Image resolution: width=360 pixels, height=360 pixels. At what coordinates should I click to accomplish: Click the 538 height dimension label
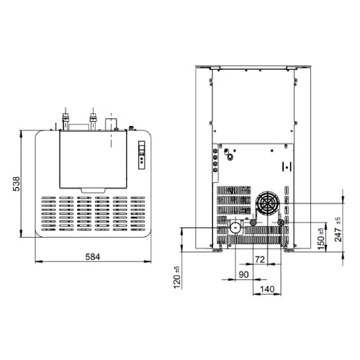17,184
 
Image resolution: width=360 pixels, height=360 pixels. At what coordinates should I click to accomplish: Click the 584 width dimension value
93,257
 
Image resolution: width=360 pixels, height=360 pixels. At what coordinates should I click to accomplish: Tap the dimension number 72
260,259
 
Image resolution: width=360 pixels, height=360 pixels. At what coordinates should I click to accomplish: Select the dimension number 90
243,274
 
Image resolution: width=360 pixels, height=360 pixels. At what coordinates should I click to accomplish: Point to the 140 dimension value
267,289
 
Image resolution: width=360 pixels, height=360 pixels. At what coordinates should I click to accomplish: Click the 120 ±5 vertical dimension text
176,277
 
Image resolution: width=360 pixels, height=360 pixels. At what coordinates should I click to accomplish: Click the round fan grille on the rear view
267,204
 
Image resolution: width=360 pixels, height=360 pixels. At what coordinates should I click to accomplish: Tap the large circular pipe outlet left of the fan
236,227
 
